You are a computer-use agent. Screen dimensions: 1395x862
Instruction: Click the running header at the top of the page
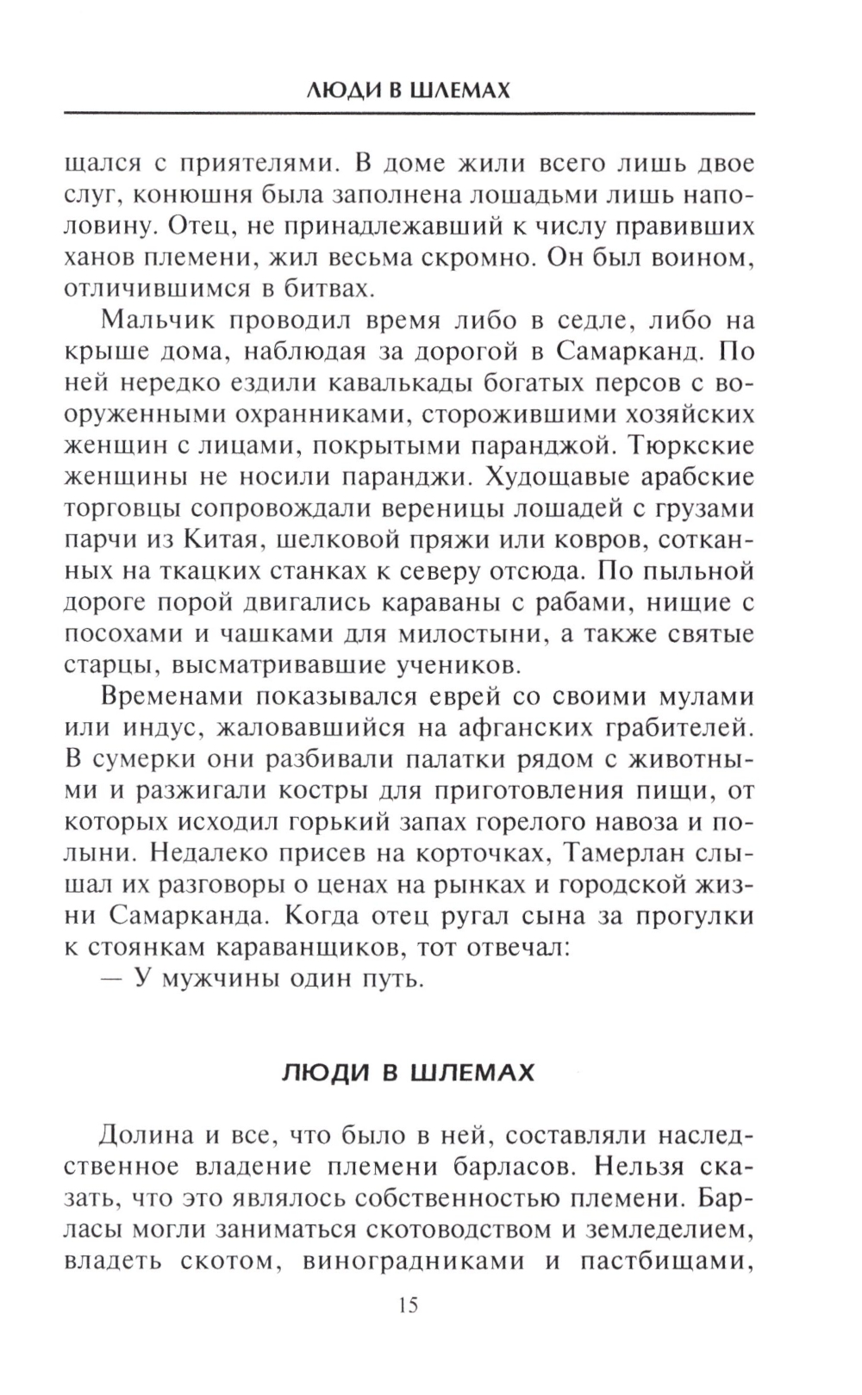[x=409, y=90]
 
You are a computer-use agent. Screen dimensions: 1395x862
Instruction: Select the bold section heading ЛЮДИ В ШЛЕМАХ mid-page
[x=409, y=1073]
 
